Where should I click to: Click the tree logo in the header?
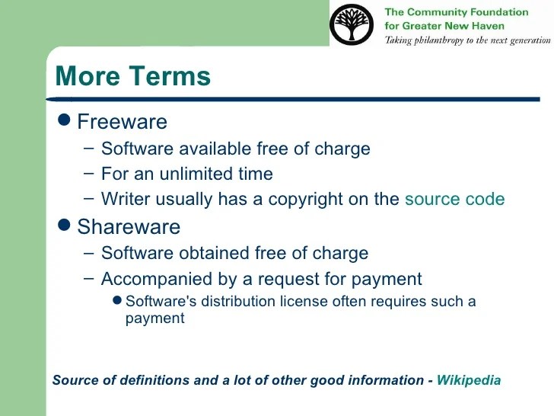[352, 24]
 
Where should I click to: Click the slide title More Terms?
[132, 76]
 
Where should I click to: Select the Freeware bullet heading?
[122, 122]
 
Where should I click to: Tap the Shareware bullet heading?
[129, 227]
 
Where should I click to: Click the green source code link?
[454, 200]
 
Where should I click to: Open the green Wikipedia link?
[469, 380]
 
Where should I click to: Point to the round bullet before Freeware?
[65, 120]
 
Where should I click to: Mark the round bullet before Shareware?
[65, 226]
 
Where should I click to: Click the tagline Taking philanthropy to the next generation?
[466, 40]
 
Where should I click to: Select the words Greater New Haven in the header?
[453, 25]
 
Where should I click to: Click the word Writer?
[123, 200]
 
